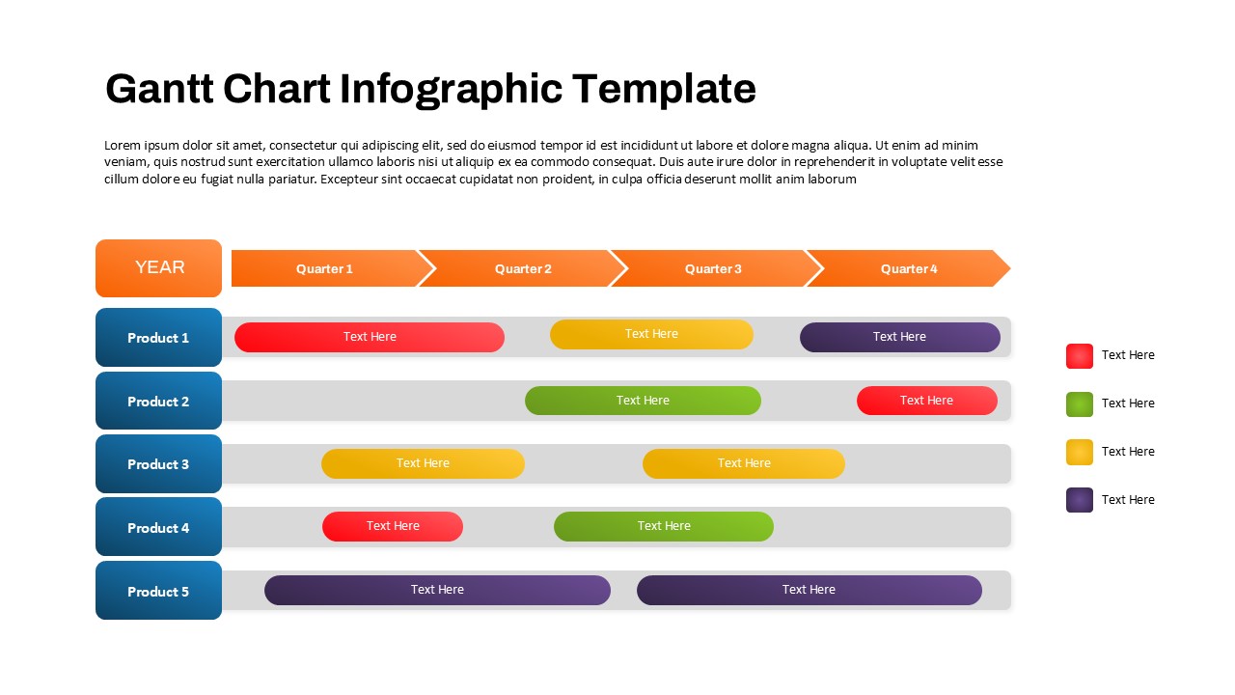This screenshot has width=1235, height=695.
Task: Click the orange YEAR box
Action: [x=158, y=268]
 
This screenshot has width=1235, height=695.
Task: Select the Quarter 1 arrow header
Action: [x=324, y=268]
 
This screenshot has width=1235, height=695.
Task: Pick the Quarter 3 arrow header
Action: [x=713, y=268]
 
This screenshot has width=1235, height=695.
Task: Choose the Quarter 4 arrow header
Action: [x=909, y=268]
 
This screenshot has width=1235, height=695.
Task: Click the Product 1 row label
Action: [x=158, y=338]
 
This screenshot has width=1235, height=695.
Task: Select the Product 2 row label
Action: [x=158, y=401]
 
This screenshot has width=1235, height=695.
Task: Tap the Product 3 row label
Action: [x=158, y=464]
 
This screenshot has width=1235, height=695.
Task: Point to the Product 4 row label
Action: [x=158, y=527]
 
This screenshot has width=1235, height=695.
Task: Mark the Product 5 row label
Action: [x=158, y=591]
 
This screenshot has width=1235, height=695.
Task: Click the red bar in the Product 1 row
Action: [x=370, y=337]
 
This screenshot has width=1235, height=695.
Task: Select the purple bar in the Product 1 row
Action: [x=899, y=337]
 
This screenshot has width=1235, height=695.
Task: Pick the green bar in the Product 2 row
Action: [x=643, y=401]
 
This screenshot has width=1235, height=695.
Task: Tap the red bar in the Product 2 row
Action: [x=926, y=401]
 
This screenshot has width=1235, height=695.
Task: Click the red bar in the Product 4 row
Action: [x=393, y=526]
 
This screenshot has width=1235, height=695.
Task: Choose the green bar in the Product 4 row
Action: [x=664, y=526]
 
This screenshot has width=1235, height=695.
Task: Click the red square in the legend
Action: [x=1080, y=356]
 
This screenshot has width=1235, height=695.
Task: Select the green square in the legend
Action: [x=1080, y=404]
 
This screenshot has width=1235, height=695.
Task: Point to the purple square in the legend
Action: [x=1080, y=500]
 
